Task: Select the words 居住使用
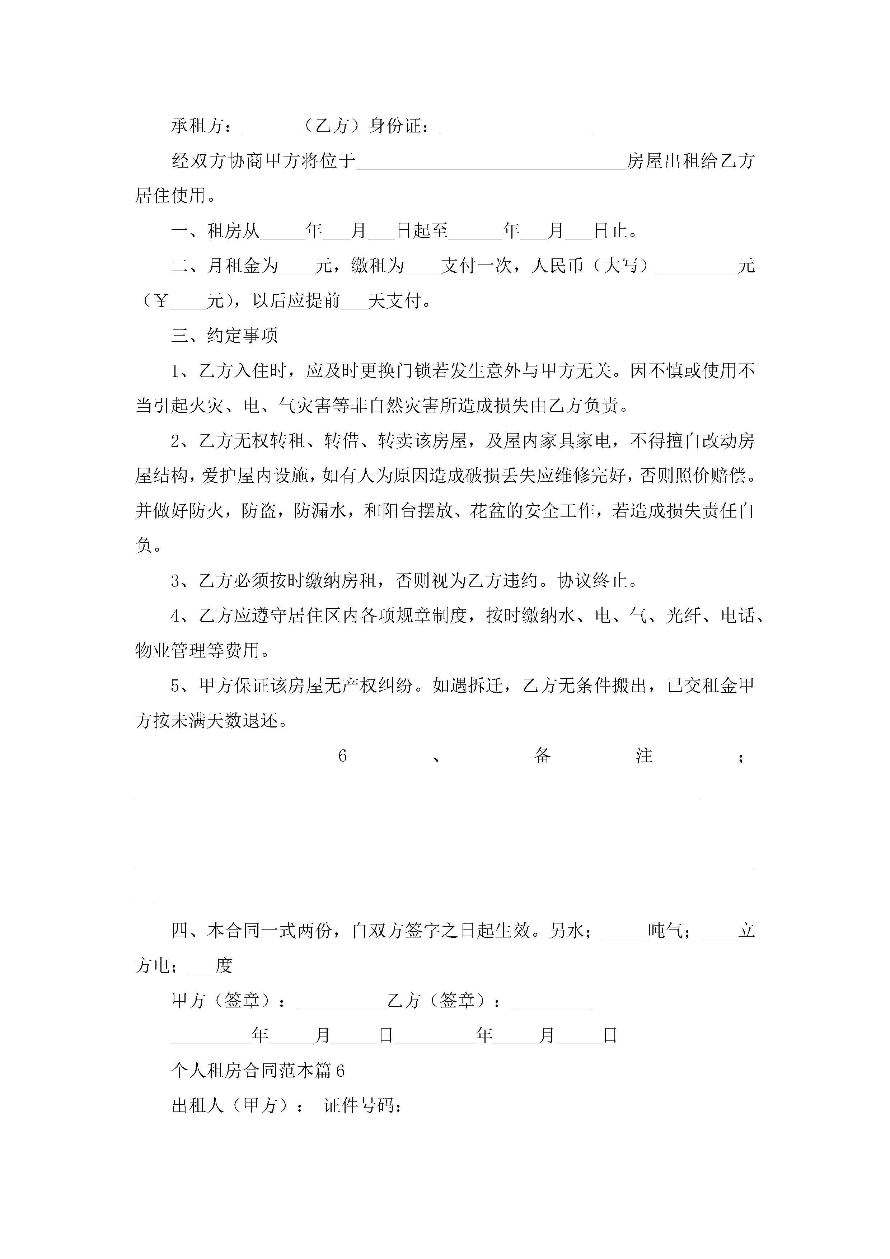pos(170,196)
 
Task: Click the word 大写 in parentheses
pos(620,266)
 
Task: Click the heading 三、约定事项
pos(225,336)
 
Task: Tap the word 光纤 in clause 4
pos(683,616)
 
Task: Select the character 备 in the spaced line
pos(542,755)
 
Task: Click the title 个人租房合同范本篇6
pos(258,1071)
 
